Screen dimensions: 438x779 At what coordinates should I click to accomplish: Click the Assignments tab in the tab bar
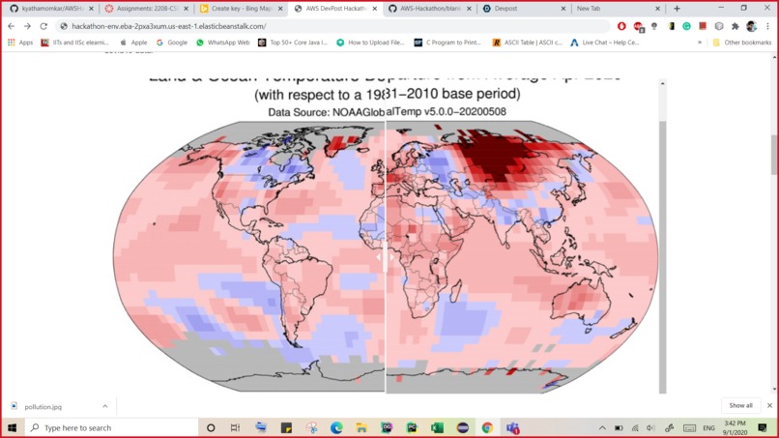coord(146,9)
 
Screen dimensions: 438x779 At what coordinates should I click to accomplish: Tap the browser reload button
coord(43,26)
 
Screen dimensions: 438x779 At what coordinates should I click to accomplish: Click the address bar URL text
coord(168,26)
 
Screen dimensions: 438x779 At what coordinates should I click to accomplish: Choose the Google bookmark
coord(177,43)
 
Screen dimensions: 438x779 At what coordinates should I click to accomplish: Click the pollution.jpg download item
coord(43,407)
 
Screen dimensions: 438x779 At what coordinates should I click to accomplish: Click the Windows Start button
coord(12,427)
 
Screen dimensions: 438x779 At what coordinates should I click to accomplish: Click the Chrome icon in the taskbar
coord(487,427)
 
